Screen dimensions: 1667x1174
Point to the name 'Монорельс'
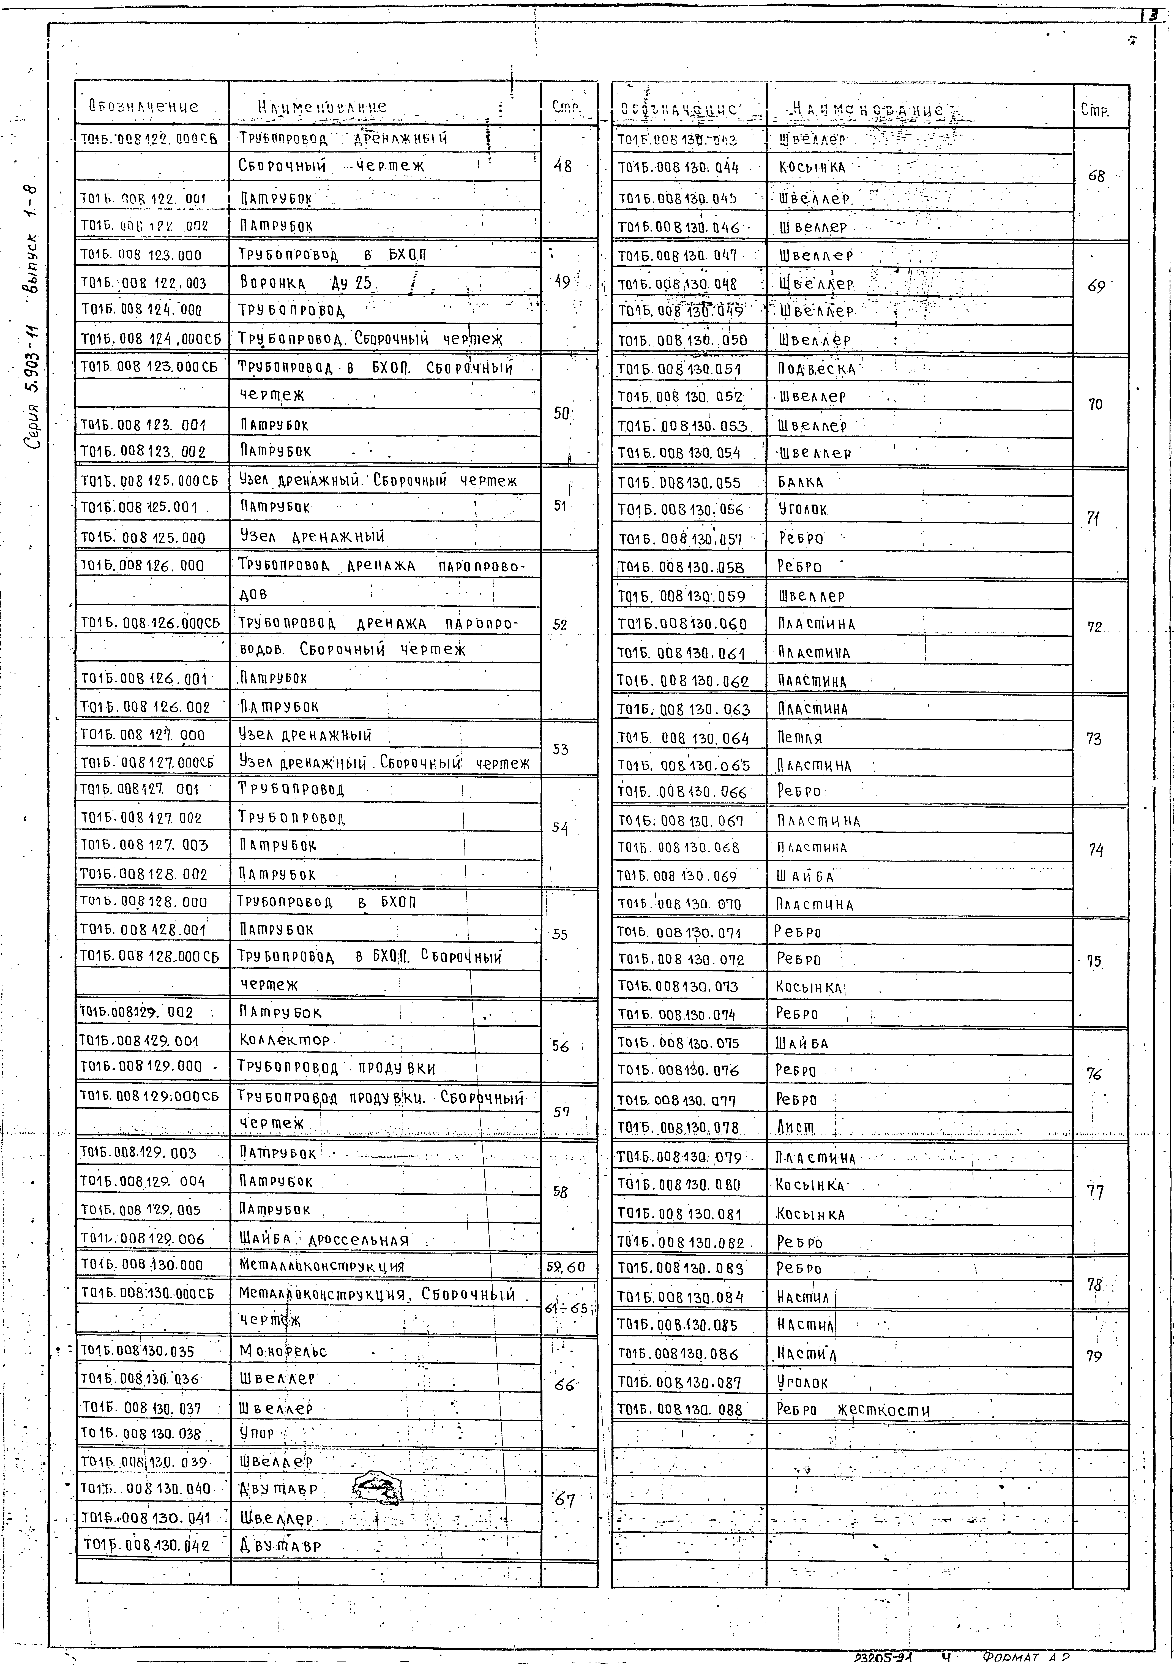point(283,1351)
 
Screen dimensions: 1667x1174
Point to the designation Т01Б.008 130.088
point(680,1410)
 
